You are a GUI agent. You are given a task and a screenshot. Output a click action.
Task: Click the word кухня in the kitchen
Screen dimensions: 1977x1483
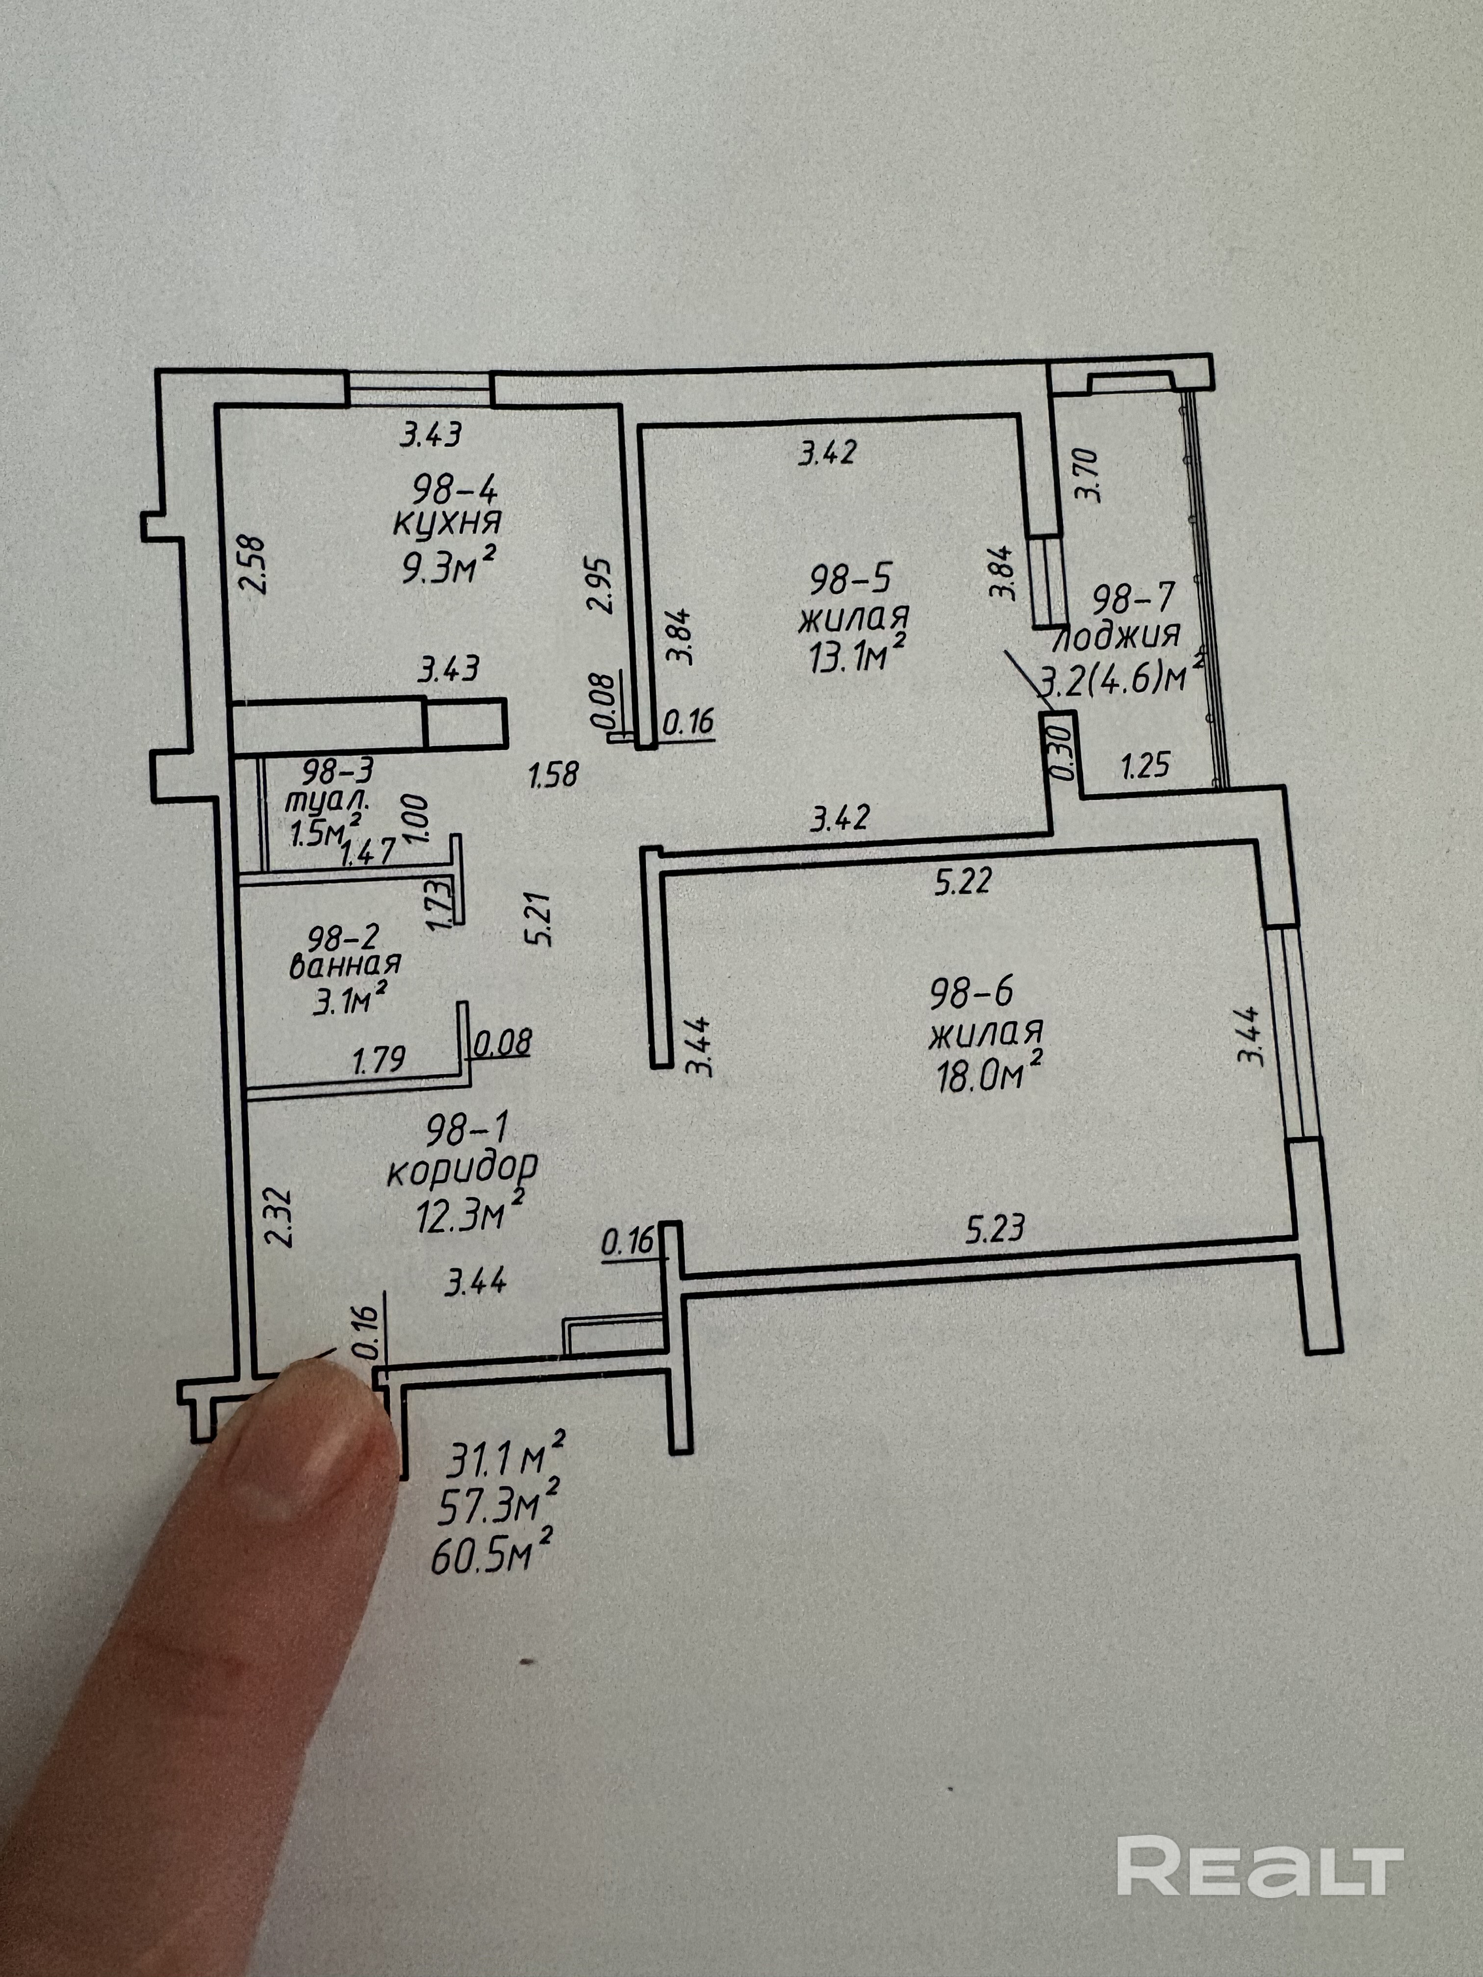pos(447,522)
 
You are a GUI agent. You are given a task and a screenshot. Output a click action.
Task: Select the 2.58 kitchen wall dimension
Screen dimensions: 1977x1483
pos(253,565)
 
